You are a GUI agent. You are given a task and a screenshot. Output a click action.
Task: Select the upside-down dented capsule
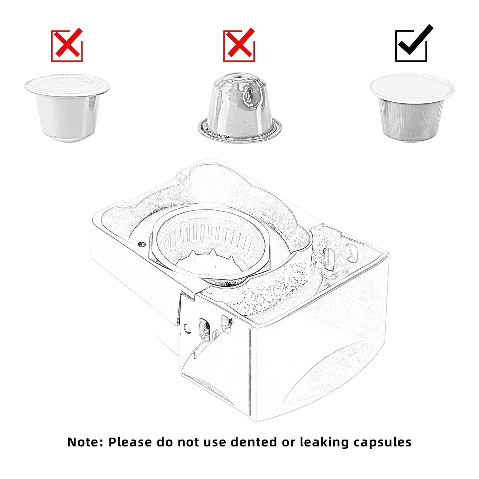click(240, 106)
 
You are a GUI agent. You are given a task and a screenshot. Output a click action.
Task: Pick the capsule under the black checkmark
click(412, 108)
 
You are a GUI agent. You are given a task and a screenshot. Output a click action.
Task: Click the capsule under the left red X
click(67, 108)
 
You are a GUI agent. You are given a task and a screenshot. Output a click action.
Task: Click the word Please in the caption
click(130, 442)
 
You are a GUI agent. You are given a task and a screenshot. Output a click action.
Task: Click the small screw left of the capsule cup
click(142, 244)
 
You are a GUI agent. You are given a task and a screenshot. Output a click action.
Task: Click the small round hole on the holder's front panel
click(187, 329)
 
